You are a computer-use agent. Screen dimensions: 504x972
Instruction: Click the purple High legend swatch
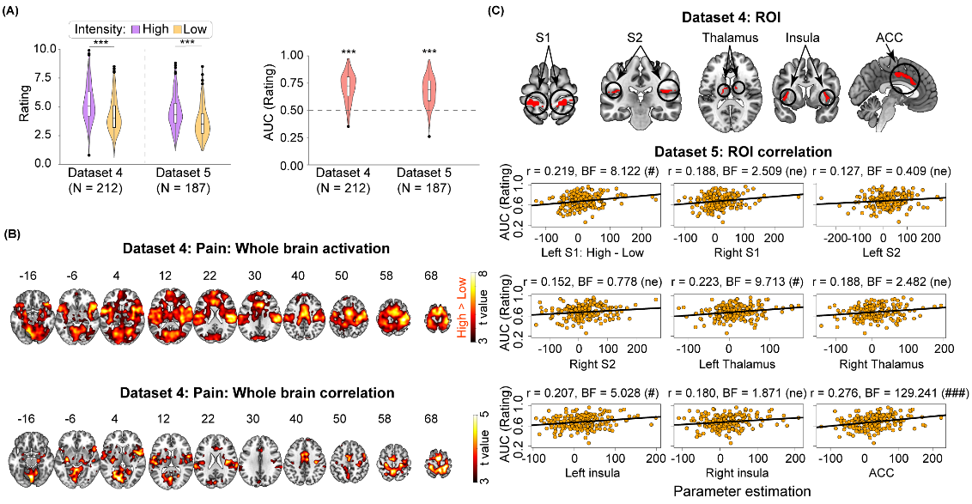coord(134,29)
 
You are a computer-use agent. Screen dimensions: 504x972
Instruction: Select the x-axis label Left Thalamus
coord(729,363)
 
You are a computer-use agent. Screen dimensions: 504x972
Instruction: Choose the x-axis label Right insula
coord(730,474)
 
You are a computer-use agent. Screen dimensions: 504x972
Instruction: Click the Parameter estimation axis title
coord(732,493)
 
